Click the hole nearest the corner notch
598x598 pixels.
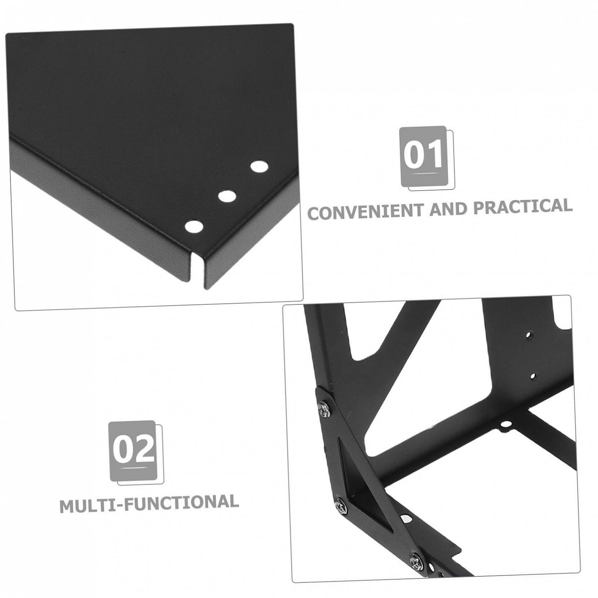tap(194, 226)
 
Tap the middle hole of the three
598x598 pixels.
tap(227, 196)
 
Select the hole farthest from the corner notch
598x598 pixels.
tap(259, 166)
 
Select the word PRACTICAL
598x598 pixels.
tap(523, 206)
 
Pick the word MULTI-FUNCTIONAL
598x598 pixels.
tap(149, 503)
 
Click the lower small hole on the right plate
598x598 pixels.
tap(533, 376)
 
